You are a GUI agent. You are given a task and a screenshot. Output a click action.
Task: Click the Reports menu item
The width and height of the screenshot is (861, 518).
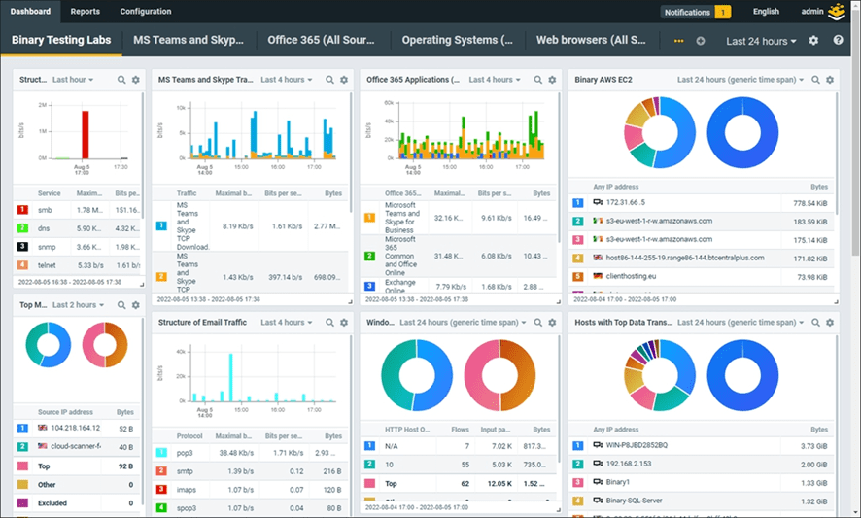coord(85,12)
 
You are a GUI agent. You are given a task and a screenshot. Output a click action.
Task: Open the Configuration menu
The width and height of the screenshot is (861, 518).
coord(146,12)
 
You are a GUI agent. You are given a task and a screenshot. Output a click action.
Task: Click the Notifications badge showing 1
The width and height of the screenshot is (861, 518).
coord(696,12)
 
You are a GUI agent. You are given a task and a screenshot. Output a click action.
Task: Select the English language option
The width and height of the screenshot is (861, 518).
coord(766,12)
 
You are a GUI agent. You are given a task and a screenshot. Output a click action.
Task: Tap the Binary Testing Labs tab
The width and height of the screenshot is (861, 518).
coord(61,41)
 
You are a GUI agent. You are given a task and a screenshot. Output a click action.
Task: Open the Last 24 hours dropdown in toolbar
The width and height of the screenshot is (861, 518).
coord(761,41)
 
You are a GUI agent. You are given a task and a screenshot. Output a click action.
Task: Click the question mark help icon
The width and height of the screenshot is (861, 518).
coord(839,41)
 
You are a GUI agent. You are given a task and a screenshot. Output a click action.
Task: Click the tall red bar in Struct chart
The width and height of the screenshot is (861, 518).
coord(85,134)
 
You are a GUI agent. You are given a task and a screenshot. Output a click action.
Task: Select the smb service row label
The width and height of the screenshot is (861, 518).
coord(46,209)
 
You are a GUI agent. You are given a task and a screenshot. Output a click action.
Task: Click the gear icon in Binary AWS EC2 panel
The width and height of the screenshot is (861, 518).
coord(830,80)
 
